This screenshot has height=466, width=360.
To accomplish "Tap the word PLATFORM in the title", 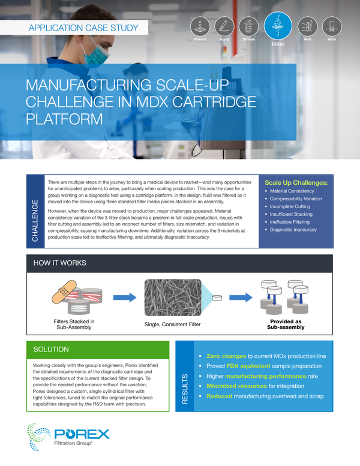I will click(x=64, y=117).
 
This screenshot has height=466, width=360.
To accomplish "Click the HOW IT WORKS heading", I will click(x=60, y=263).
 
